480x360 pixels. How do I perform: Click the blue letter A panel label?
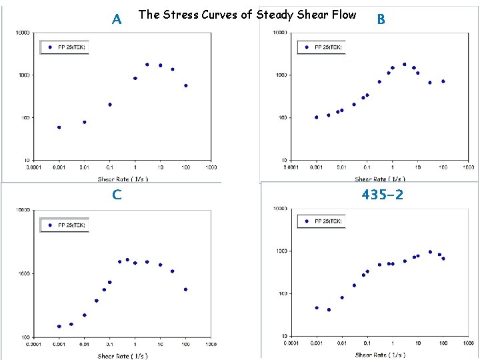tap(117, 19)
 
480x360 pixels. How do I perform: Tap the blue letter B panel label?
tap(381, 19)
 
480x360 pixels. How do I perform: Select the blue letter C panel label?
tap(117, 195)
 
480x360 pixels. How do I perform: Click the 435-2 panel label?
tap(382, 195)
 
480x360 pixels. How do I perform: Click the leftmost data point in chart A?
tap(59, 127)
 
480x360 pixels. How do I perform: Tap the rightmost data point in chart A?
tap(185, 85)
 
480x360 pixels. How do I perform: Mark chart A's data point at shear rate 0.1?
tap(109, 105)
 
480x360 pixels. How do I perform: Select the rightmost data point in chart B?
tap(443, 81)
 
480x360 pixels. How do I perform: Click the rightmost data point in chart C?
tap(185, 289)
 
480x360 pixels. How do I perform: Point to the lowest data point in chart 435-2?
tap(329, 310)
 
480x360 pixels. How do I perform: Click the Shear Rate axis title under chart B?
tap(380, 179)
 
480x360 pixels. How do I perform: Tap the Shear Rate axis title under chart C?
tap(123, 356)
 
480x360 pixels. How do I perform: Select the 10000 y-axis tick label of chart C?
tap(23, 210)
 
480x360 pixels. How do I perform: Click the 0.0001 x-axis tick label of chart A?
tap(33, 167)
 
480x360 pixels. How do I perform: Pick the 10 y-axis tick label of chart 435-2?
tap(283, 336)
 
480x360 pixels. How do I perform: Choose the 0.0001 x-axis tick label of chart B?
tap(291, 167)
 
